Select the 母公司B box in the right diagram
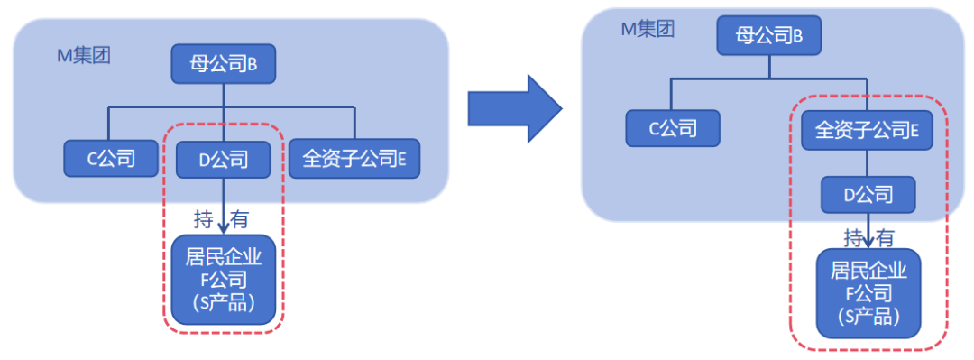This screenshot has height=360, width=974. coord(769,36)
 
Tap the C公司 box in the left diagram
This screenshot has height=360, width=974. coord(111,159)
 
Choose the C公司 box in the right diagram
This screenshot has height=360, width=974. coord(673,128)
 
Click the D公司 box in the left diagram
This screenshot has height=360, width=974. coord(224,160)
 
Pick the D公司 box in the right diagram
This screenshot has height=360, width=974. coord(868,194)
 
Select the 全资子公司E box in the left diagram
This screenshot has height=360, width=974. coord(354,159)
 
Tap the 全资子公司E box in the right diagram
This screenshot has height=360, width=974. coord(867,130)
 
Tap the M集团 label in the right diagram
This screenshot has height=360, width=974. coord(648,30)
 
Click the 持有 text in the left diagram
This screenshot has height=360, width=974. coord(222,218)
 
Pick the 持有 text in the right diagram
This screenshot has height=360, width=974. coord(869,237)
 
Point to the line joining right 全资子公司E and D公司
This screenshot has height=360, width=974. coord(868,162)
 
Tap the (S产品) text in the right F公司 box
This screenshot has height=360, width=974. coord(868,318)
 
